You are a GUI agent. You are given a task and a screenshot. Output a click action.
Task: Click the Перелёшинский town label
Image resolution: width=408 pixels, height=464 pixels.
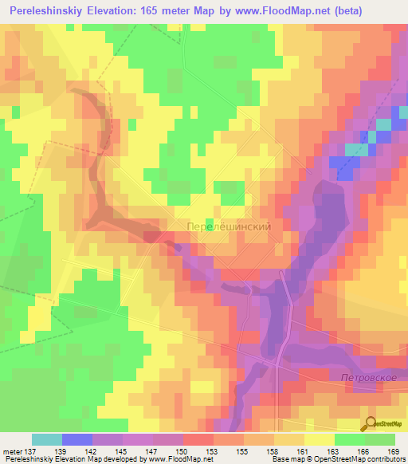(x=229, y=226)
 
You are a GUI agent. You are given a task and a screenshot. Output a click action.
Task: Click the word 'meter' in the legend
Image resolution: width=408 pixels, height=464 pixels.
(x=11, y=451)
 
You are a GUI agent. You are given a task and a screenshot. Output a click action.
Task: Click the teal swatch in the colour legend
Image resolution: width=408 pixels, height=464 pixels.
(x=47, y=439)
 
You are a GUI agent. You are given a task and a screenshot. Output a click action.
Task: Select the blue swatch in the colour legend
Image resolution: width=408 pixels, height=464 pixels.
(x=77, y=439)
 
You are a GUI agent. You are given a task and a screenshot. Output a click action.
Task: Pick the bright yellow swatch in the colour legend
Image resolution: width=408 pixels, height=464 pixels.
(x=320, y=439)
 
